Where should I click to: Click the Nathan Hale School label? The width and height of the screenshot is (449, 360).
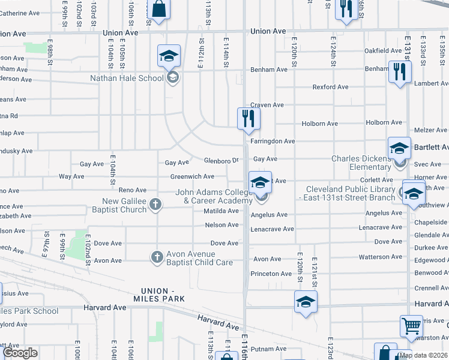[127, 78]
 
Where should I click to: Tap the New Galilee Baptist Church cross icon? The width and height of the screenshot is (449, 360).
[155, 205]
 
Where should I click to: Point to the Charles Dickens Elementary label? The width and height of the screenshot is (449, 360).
[361, 163]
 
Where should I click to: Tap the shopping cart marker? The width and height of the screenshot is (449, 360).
[411, 327]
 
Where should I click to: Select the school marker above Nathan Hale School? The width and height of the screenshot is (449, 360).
[169, 56]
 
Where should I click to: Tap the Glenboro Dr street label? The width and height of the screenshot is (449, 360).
[221, 161]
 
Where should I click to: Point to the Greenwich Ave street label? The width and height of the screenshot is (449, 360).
[192, 177]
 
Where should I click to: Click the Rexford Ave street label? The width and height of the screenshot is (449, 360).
[330, 87]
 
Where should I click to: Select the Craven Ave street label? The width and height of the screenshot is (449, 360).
[267, 105]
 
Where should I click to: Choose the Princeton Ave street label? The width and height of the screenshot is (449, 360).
[272, 274]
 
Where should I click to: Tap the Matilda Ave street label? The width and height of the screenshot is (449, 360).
[221, 211]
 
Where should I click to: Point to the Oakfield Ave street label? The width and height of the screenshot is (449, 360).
[383, 51]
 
